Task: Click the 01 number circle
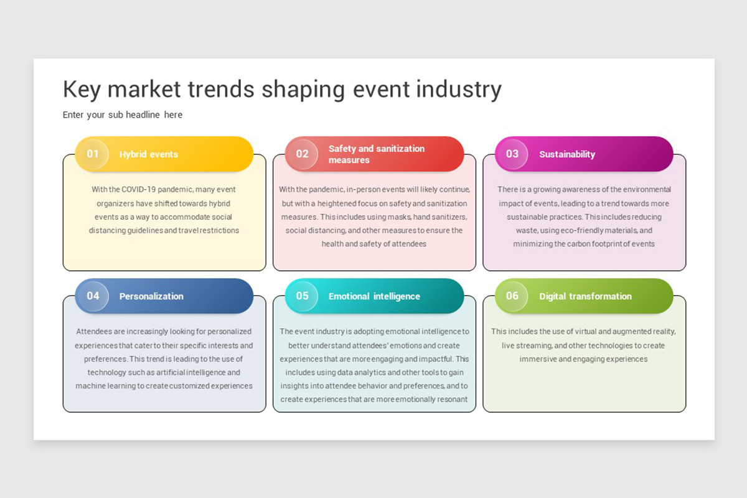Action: point(93,154)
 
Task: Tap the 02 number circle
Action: point(302,154)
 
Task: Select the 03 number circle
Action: point(512,154)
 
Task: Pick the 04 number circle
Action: point(93,296)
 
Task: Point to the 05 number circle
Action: point(302,296)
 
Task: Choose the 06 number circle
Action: point(512,296)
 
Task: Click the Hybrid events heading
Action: point(148,154)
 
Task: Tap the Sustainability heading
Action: point(567,154)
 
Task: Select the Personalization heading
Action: point(151,296)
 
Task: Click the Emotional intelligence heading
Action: point(374,296)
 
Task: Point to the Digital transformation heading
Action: point(585,296)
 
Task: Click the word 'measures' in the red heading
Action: point(349,160)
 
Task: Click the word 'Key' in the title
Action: point(82,90)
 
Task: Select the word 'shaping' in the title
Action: point(303,90)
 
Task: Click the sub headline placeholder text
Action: point(123,115)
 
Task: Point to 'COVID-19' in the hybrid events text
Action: point(138,189)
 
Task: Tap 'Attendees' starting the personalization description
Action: point(94,332)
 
